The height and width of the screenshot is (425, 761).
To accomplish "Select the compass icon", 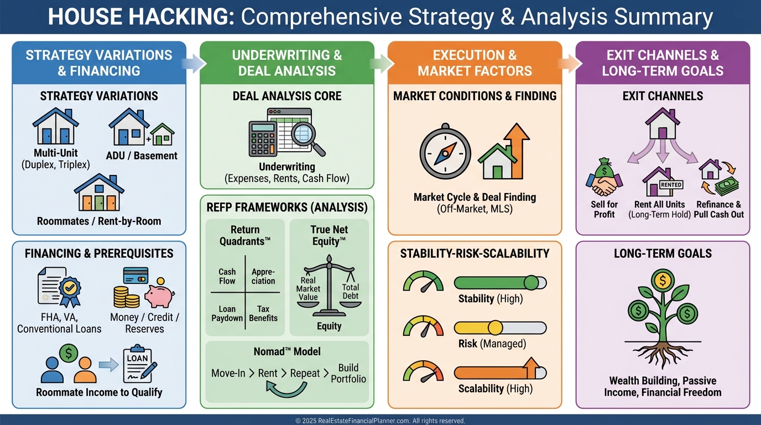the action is point(445,152).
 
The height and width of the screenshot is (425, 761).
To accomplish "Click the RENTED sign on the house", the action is point(671,185).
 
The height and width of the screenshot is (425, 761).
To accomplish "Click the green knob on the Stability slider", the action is point(531,283).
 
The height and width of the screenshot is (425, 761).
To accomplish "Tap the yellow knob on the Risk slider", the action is point(495,328).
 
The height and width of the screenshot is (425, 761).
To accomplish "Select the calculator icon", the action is point(263,139).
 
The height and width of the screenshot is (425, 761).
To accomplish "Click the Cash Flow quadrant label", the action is point(227,277).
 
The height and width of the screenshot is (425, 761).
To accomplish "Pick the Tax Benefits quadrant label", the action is point(263,313).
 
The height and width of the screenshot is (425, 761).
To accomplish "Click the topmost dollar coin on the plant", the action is point(663,281).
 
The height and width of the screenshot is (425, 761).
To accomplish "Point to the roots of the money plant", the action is point(663,355).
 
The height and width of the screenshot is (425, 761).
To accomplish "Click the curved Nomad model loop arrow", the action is point(286,390).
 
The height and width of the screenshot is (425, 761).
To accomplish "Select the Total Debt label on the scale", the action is point(350,292).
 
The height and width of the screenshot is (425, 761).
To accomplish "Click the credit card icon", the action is point(135,275).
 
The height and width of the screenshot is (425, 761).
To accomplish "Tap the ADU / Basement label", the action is point(142,156).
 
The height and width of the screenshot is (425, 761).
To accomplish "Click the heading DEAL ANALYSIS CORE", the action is point(287,96).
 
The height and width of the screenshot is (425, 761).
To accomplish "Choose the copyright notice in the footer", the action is point(380,421).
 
